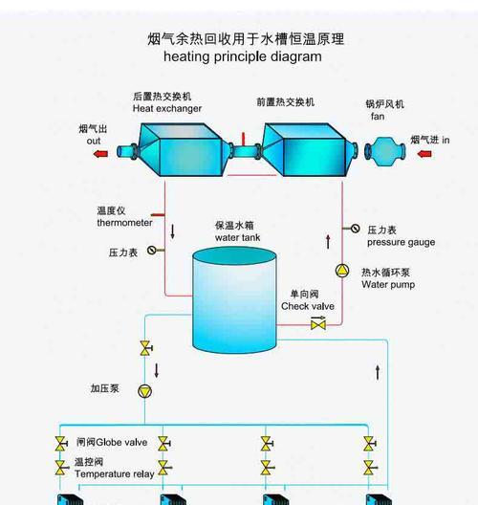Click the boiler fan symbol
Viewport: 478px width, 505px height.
385,151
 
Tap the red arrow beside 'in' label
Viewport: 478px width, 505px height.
424,154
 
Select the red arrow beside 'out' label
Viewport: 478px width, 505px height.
100,154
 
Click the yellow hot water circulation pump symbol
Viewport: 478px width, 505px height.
342,271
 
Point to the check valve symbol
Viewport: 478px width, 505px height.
318,323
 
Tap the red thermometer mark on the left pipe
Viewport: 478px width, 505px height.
158,215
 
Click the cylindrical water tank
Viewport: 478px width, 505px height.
234,300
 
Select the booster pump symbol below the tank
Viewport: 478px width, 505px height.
145,391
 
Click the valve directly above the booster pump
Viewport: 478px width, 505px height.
146,348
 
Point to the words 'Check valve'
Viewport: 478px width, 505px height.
308,306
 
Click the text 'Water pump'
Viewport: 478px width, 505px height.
388,285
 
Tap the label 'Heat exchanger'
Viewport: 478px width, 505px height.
167,108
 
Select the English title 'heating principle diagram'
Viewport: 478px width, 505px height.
243,56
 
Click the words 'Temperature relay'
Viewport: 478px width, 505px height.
115,474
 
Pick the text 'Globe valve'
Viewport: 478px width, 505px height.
121,442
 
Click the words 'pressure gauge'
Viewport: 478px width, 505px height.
402,242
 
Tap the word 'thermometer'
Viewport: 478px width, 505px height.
124,223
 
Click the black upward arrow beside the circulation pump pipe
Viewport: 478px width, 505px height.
328,242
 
